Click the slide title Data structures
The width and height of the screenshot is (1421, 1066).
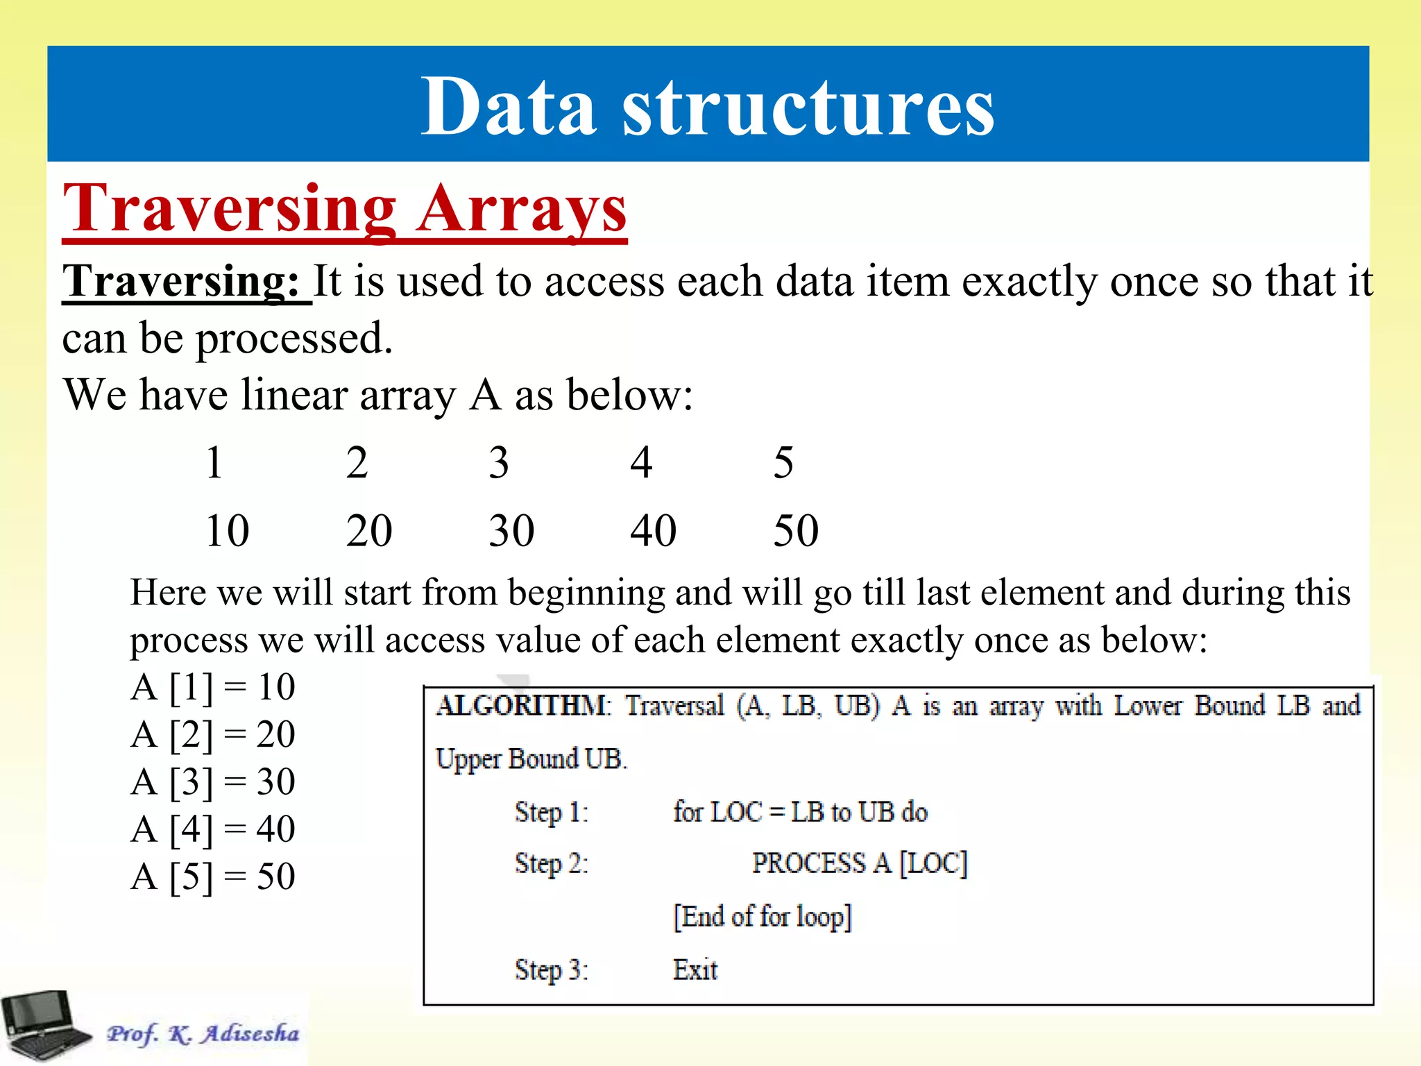tap(708, 108)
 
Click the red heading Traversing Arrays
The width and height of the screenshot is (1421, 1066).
tap(345, 209)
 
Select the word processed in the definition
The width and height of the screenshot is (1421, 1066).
tap(293, 339)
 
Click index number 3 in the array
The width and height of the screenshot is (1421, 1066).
tap(498, 463)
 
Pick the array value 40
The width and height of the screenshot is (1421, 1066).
tap(653, 531)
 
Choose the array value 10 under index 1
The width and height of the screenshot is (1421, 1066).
tap(227, 531)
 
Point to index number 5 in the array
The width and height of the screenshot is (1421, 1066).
tap(783, 463)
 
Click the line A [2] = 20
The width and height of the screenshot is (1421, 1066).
tap(213, 734)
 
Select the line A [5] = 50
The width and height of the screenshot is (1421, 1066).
tap(213, 877)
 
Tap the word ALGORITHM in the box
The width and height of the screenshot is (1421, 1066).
tap(522, 706)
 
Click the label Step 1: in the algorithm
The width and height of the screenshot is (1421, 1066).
tap(551, 812)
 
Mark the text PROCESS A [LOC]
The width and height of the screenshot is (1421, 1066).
tap(859, 864)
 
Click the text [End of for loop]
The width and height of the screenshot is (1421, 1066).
tap(762, 917)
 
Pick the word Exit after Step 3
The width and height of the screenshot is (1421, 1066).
tap(695, 970)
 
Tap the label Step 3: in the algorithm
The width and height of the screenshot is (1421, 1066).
tap(551, 970)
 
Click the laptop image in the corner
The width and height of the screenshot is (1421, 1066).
tap(45, 1026)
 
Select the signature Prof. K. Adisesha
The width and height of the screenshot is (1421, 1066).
tap(203, 1034)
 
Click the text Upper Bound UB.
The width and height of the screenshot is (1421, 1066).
tap(531, 759)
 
